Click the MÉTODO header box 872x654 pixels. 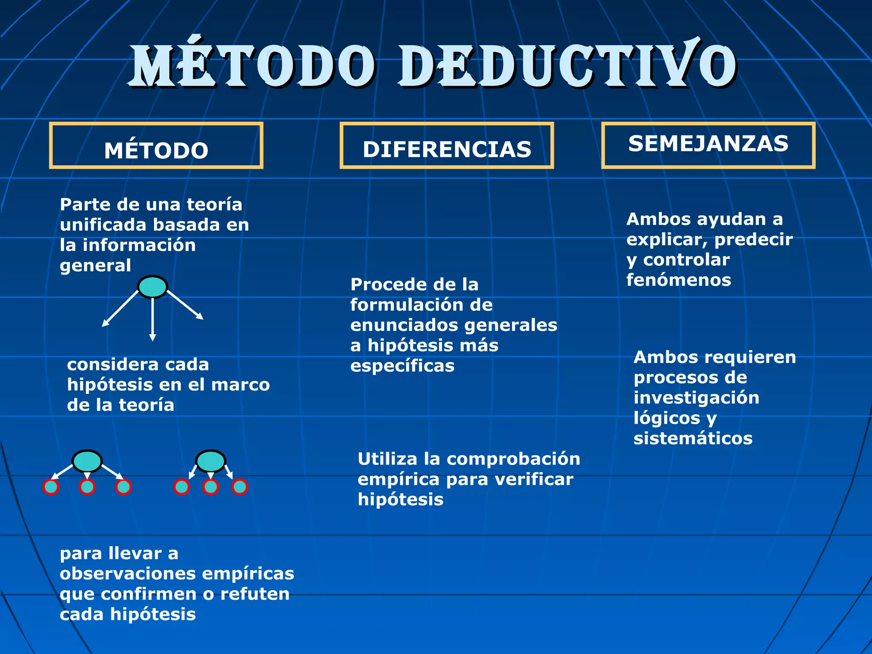[x=156, y=146]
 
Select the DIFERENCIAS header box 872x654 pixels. [x=447, y=146]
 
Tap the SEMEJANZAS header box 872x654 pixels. [x=708, y=145]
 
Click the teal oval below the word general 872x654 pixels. [x=153, y=287]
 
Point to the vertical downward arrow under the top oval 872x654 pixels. [x=152, y=319]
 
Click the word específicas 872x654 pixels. [x=402, y=366]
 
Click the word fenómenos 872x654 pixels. [x=679, y=280]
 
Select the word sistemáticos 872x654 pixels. [x=693, y=439]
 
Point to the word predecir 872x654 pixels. [x=753, y=240]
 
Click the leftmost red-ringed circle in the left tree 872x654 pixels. [x=51, y=487]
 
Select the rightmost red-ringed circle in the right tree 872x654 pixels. [x=240, y=487]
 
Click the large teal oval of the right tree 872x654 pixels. [x=210, y=461]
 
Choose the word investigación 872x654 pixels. [x=696, y=398]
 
